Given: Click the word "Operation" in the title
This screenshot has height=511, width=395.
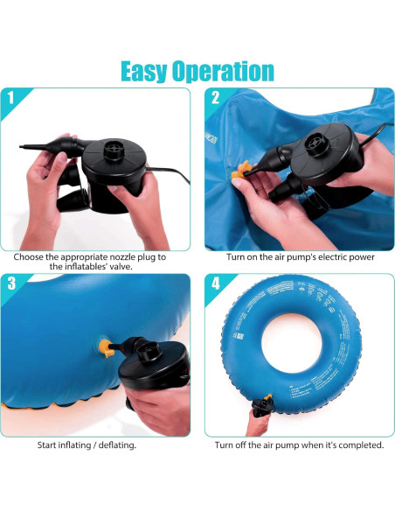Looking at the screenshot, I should [x=225, y=71].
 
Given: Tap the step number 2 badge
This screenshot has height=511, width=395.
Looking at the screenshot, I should [x=216, y=98].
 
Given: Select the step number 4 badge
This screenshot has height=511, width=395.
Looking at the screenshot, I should [x=216, y=283].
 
